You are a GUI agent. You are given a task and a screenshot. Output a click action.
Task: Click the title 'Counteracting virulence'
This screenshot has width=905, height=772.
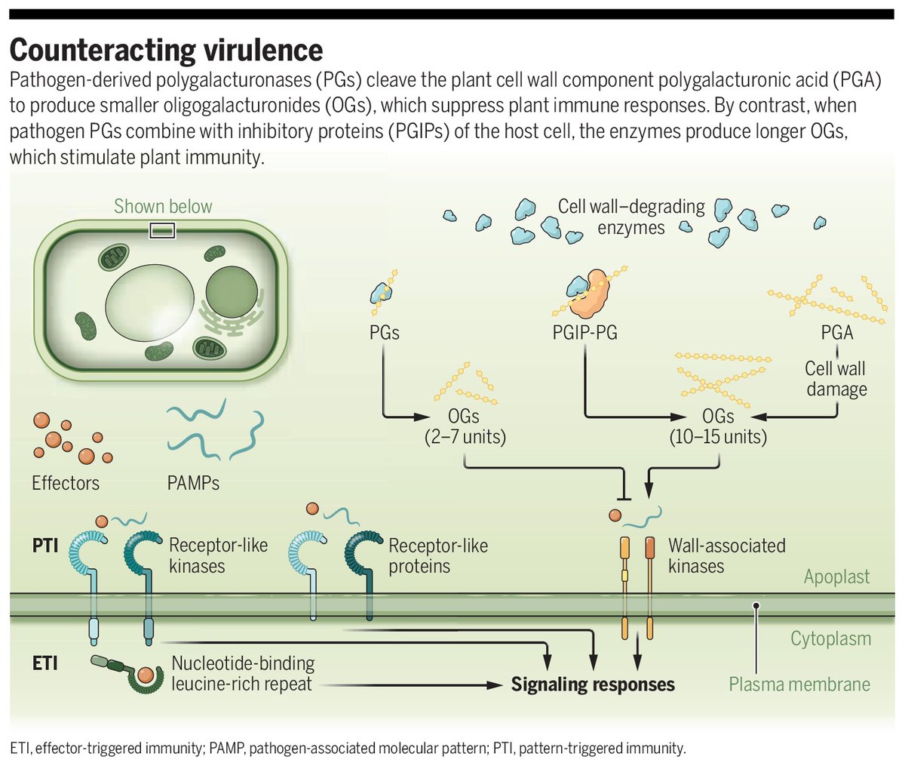pyautogui.click(x=166, y=51)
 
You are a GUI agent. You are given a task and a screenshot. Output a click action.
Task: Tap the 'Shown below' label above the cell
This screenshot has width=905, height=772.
pyautogui.click(x=163, y=206)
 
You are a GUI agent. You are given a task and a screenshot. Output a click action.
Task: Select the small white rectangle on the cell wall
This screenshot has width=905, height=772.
pyautogui.click(x=163, y=230)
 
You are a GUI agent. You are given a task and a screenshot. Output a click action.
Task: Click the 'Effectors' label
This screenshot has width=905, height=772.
pyautogui.click(x=66, y=482)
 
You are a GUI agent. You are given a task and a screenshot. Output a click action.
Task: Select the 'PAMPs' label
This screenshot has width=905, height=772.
pyautogui.click(x=193, y=482)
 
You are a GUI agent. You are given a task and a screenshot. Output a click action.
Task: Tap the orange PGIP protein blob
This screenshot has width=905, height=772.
pyautogui.click(x=593, y=299)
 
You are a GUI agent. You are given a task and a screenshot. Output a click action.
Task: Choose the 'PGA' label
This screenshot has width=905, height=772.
pyautogui.click(x=836, y=332)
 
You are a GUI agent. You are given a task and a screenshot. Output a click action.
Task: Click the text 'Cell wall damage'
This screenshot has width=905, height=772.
pyautogui.click(x=836, y=379)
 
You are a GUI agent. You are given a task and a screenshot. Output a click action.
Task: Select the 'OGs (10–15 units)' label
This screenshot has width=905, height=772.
pyautogui.click(x=717, y=426)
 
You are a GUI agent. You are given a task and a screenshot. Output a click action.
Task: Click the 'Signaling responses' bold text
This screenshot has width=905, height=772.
pyautogui.click(x=593, y=684)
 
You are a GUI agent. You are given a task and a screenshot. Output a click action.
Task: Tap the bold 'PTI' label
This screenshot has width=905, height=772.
pyautogui.click(x=45, y=545)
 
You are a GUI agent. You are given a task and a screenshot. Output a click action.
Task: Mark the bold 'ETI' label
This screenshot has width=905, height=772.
pyautogui.click(x=45, y=663)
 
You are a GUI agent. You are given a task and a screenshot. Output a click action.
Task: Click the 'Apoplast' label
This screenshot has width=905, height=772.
pyautogui.click(x=836, y=577)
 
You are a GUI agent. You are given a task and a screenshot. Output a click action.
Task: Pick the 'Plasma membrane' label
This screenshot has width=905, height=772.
pyautogui.click(x=799, y=684)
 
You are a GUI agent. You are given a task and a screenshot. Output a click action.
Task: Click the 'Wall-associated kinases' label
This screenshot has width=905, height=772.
pyautogui.click(x=726, y=555)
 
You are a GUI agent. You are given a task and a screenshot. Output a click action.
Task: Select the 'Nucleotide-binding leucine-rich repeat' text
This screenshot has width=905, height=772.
pyautogui.click(x=243, y=674)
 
